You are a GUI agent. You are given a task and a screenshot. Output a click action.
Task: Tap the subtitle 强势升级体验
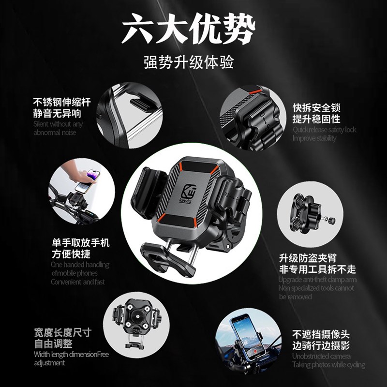coord(189,63)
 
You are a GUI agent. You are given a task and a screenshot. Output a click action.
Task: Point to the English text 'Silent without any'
coord(58,124)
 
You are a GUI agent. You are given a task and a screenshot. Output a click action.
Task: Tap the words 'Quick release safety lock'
coord(324,130)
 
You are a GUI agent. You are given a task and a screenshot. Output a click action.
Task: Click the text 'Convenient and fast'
coord(77,282)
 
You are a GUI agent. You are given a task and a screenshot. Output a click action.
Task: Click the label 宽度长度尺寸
coord(62,333)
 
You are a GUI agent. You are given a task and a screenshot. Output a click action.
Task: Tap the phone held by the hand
coord(88,176)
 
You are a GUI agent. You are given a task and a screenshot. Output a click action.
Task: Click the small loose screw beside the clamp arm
coord(332,221)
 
